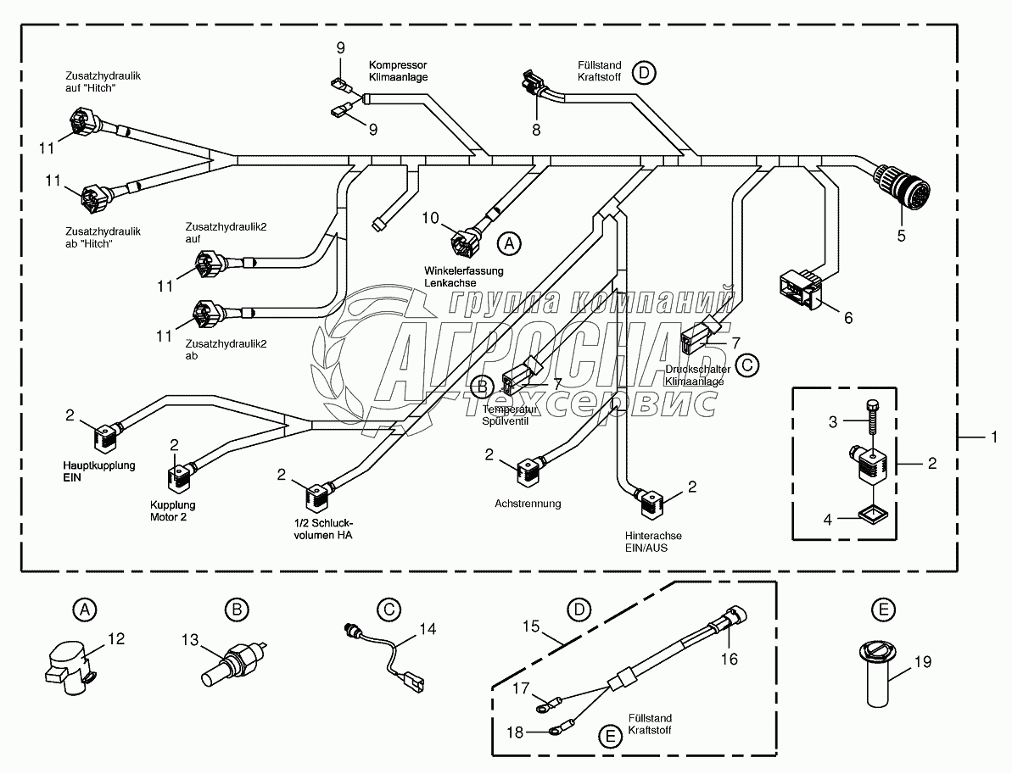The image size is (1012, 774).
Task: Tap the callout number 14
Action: (428, 630)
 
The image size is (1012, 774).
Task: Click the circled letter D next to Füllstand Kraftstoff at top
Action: (644, 73)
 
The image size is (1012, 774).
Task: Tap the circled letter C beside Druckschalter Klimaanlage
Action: (746, 365)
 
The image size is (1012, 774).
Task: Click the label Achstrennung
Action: (528, 504)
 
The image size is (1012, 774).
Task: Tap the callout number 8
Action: (535, 130)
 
